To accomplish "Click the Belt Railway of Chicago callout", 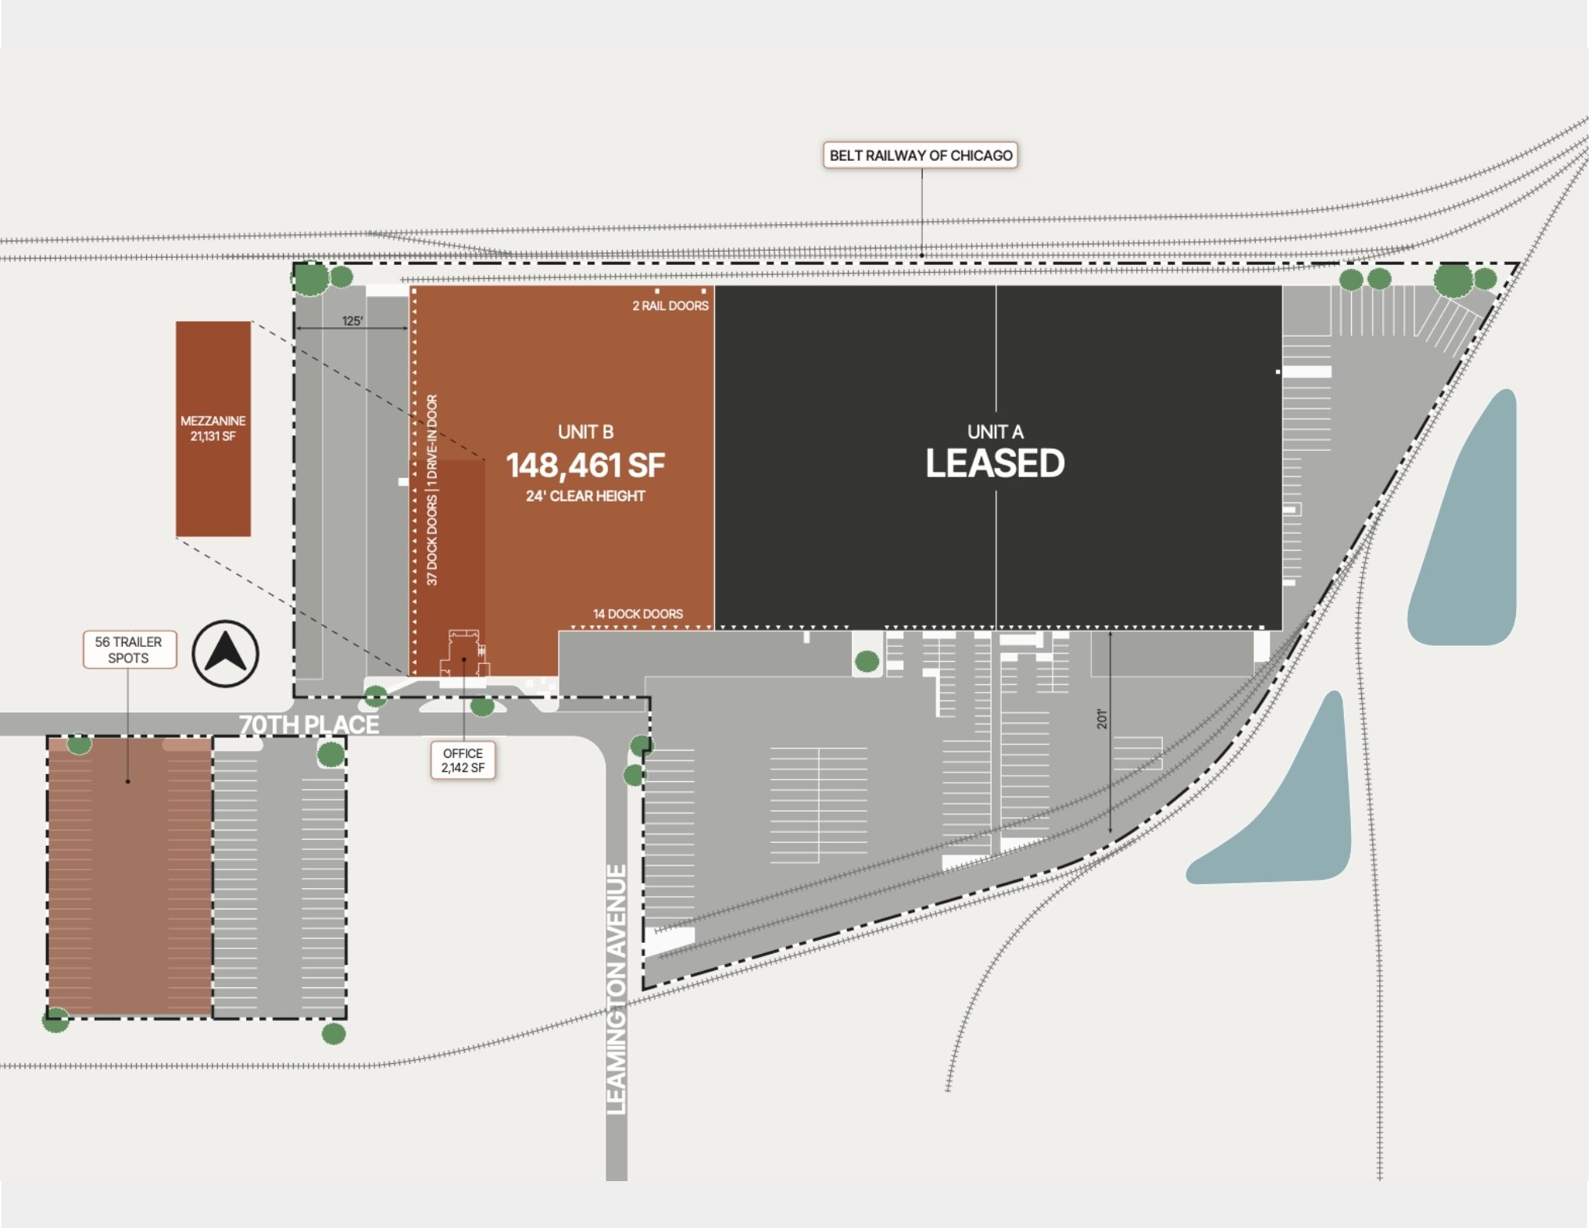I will (920, 155).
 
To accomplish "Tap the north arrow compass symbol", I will (225, 653).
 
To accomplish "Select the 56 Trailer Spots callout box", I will (129, 650).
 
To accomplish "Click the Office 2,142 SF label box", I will (463, 760).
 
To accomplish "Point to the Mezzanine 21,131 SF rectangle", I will (213, 429).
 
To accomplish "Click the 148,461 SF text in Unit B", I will (585, 466).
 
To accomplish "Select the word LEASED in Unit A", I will (994, 464).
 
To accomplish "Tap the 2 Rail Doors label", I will (670, 306).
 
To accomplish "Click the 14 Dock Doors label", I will (638, 614).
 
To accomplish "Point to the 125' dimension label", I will (352, 321).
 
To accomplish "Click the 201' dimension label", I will (1102, 719).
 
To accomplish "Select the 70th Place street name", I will (309, 725).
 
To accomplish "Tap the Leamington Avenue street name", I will (617, 989).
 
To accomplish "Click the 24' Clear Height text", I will (585, 496).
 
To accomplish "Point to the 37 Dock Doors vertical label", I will (432, 539).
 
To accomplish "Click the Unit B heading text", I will (585, 432).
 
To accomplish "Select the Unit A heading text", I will (995, 432).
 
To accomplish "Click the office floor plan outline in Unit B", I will (464, 655).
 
